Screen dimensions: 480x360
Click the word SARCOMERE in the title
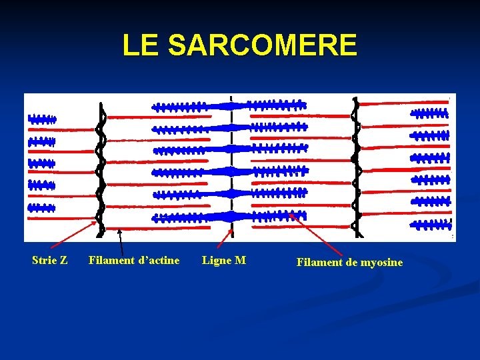coord(263,45)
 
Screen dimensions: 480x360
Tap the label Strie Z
coord(49,260)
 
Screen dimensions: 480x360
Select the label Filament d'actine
coord(134,260)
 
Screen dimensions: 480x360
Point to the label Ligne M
coord(224,260)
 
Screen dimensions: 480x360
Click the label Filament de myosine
coord(349,263)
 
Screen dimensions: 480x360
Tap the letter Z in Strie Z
coord(63,260)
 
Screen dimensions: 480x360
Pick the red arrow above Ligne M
coord(226,239)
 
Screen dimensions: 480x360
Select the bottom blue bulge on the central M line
coord(231,216)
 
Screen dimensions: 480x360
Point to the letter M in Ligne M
coord(241,260)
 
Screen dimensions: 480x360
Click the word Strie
coord(43,260)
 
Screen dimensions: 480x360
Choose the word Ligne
coord(217,260)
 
